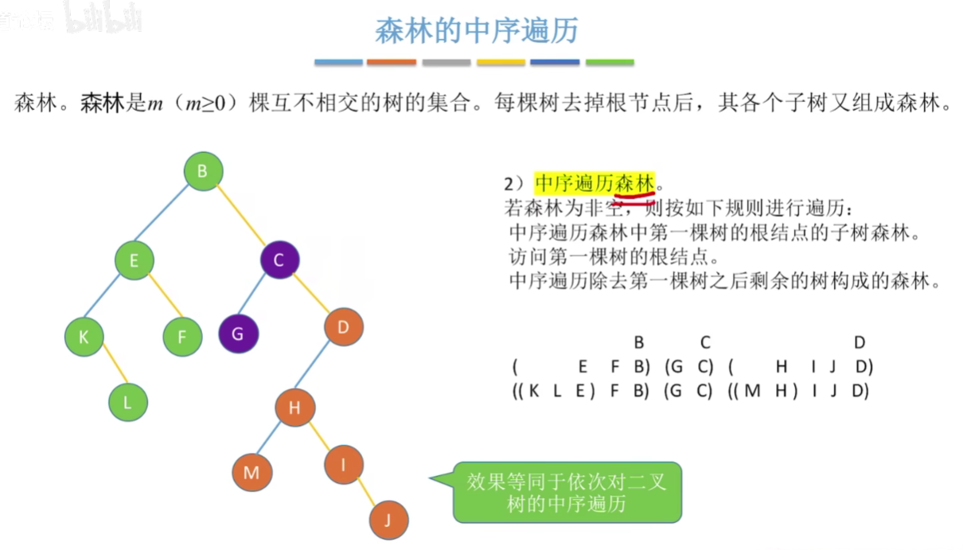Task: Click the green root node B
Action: (203, 171)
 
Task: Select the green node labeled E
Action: (134, 260)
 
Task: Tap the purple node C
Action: (279, 259)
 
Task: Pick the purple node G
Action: (238, 334)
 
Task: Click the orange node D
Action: (344, 326)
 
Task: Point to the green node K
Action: (84, 336)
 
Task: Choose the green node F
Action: (182, 337)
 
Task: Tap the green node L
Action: (128, 402)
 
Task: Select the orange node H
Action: (294, 408)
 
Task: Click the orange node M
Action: (251, 473)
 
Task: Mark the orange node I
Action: (344, 465)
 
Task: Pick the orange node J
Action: (389, 521)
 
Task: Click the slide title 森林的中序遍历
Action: (477, 31)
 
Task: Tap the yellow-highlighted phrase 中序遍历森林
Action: (595, 184)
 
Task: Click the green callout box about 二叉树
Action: (567, 492)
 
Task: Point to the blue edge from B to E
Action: (167, 216)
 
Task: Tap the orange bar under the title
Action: (392, 62)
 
